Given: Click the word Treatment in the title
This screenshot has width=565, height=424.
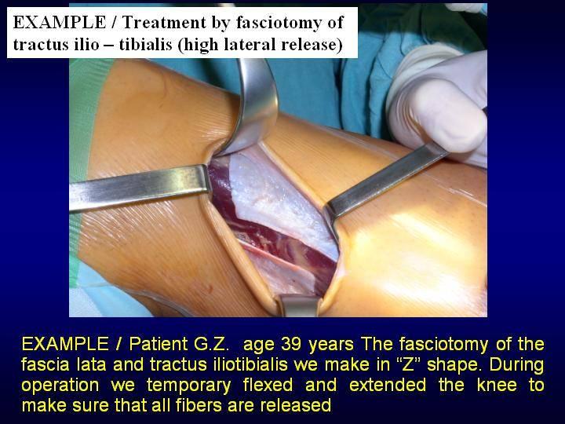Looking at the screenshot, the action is [x=163, y=22].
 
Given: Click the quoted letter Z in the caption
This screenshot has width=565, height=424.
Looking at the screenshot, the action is [x=410, y=364].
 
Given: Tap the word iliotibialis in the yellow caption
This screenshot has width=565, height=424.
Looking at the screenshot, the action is [x=219, y=364].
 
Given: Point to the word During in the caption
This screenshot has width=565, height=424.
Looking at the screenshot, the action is [x=516, y=364].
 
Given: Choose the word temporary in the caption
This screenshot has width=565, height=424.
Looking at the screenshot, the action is [x=189, y=386].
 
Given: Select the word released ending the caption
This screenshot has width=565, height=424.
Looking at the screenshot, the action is [x=296, y=405].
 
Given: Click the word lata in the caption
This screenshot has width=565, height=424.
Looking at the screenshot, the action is [x=92, y=364].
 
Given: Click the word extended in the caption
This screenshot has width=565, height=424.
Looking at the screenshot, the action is [x=388, y=385].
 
